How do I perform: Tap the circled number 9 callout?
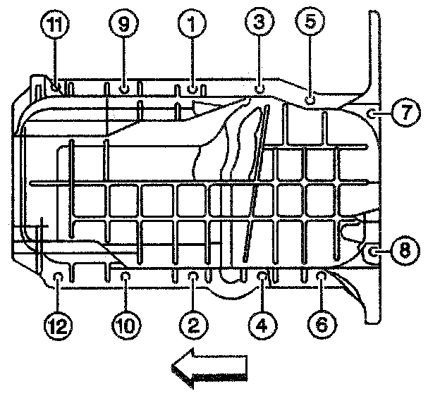coord(123,26)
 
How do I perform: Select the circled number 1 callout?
coord(191,26)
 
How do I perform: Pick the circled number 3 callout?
coord(259,23)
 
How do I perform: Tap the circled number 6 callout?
coord(320,324)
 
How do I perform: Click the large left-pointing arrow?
coord(210,369)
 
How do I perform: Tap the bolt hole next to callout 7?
coord(372,111)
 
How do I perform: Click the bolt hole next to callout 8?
coord(373,249)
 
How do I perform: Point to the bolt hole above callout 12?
coord(59,276)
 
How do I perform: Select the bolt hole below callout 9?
coord(124,89)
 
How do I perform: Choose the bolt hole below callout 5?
coord(310,101)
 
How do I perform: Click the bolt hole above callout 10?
coord(125,276)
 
